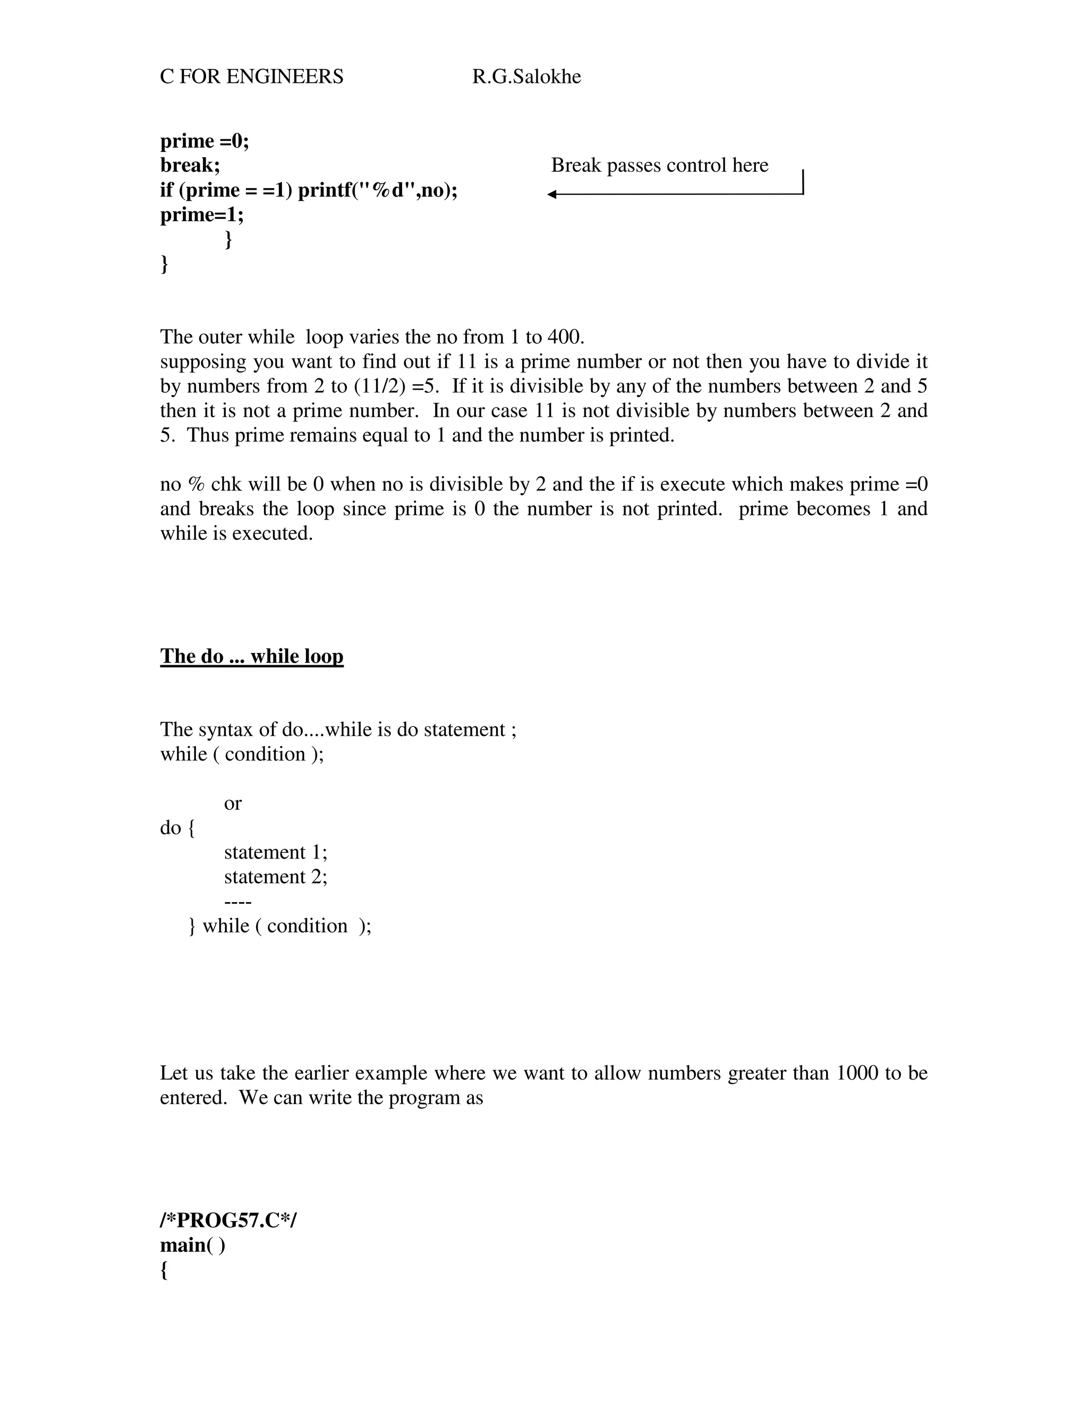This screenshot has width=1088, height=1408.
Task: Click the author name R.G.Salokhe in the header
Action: pyautogui.click(x=526, y=77)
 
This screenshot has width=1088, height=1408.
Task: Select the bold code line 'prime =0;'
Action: pyautogui.click(x=205, y=141)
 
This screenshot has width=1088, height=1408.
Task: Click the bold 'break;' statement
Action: pyautogui.click(x=190, y=165)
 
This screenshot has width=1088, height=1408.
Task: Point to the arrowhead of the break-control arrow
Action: pyautogui.click(x=552, y=194)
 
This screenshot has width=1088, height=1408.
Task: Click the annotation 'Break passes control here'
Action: pyautogui.click(x=659, y=165)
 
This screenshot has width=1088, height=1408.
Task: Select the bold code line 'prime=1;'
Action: pyautogui.click(x=202, y=214)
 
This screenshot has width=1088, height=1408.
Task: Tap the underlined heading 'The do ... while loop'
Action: pyautogui.click(x=251, y=656)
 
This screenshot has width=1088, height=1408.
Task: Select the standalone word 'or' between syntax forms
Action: pyautogui.click(x=233, y=803)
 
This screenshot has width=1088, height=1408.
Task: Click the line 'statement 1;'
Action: pyautogui.click(x=275, y=852)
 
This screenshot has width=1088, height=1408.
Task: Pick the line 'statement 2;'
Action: pyautogui.click(x=275, y=877)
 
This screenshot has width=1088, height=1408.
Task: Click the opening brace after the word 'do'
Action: pyautogui.click(x=191, y=828)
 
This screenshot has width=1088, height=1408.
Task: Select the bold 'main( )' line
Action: pyautogui.click(x=193, y=1245)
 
